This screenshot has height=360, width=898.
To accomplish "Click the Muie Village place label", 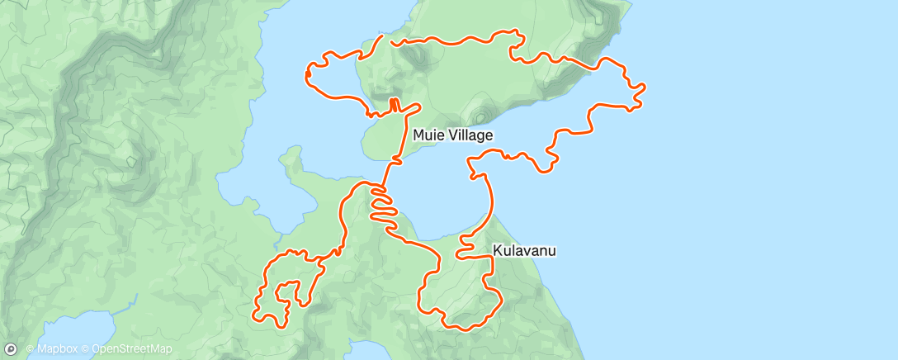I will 453,135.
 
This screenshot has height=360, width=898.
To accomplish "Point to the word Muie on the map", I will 429,135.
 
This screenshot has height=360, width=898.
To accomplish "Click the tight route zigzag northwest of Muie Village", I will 394,105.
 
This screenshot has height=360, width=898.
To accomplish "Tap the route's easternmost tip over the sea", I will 643,86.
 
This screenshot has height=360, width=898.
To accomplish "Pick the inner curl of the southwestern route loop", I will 286,289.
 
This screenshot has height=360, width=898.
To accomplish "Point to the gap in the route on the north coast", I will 386,38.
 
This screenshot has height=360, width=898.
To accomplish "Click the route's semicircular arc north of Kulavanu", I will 488,194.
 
